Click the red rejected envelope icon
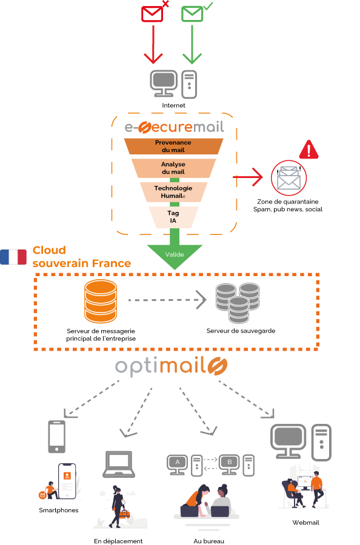point(152,14)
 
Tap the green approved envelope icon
point(192,14)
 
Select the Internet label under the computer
point(173,105)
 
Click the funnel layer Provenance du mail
point(173,147)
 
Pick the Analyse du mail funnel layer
point(173,168)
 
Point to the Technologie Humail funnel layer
point(173,192)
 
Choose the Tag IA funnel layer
point(173,217)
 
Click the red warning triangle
point(308,150)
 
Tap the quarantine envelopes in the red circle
point(288,178)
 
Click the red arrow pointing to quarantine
point(248,177)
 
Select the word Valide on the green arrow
point(175,254)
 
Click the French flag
point(13,257)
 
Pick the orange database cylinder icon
point(101,302)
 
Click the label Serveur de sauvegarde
point(241,331)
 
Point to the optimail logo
point(171,366)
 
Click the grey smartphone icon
point(57,437)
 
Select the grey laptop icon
point(119,464)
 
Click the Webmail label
point(305,523)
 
